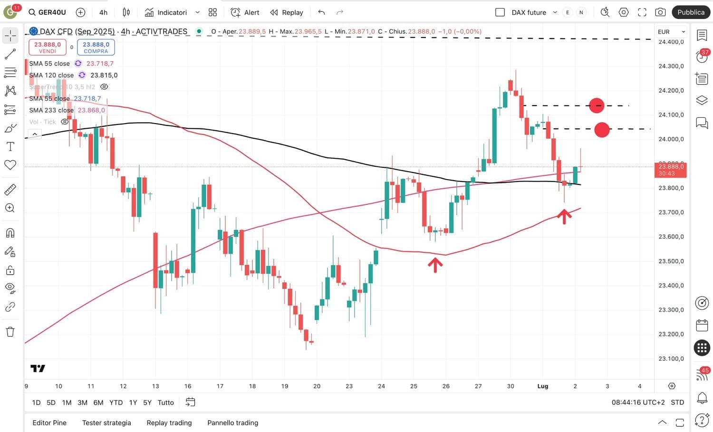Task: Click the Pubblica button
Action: [691, 12]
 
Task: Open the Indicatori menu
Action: [166, 12]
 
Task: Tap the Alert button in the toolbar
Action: [245, 12]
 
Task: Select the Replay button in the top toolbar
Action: [287, 12]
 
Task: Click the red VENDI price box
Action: [48, 47]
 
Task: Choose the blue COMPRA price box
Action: [96, 47]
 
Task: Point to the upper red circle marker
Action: [597, 106]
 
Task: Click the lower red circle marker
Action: [602, 129]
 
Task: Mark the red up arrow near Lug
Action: [564, 216]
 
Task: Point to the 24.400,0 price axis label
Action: [671, 42]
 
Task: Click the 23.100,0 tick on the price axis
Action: [671, 358]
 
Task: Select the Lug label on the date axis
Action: [543, 386]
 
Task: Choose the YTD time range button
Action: [116, 403]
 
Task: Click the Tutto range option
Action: [165, 403]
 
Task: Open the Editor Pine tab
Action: [49, 422]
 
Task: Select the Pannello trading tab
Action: [232, 422]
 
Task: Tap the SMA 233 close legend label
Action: [51, 110]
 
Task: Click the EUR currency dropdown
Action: [671, 32]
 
